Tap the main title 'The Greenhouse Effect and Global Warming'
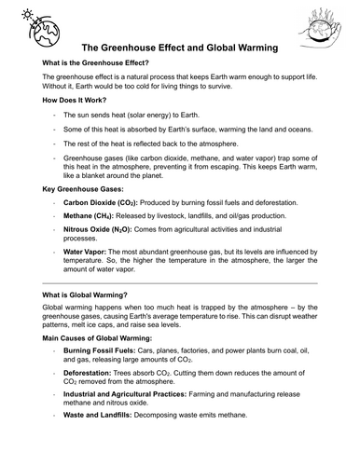point(179,48)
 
